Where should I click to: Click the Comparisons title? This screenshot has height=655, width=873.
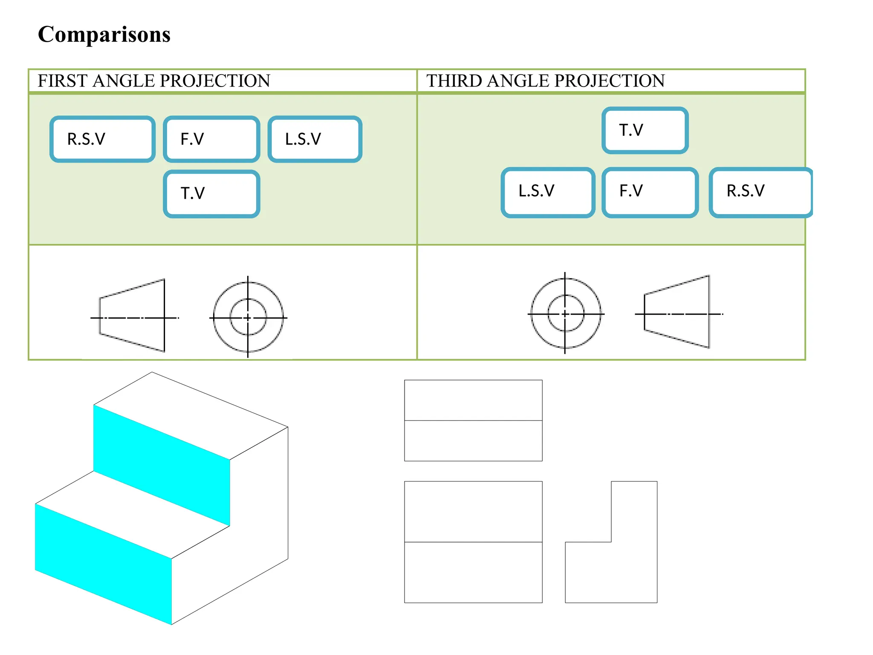[x=104, y=34]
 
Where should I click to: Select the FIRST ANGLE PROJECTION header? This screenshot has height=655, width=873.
[x=153, y=81]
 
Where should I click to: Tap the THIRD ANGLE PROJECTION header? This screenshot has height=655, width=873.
[x=545, y=81]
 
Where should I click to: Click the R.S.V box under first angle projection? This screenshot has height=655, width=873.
[x=102, y=139]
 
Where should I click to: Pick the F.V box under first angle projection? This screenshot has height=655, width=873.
[x=211, y=139]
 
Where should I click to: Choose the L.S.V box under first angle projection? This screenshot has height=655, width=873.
[x=315, y=139]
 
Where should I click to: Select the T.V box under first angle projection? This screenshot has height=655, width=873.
[x=211, y=194]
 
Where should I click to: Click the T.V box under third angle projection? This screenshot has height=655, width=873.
[x=645, y=130]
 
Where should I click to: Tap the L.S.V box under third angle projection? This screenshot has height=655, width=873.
[x=548, y=192]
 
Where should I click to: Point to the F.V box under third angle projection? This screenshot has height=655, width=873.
[x=650, y=192]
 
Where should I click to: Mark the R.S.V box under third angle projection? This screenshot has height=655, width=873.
[x=761, y=192]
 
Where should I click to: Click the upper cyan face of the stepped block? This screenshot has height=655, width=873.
[x=162, y=465]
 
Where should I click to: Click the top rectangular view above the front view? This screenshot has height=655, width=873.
[x=473, y=420]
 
